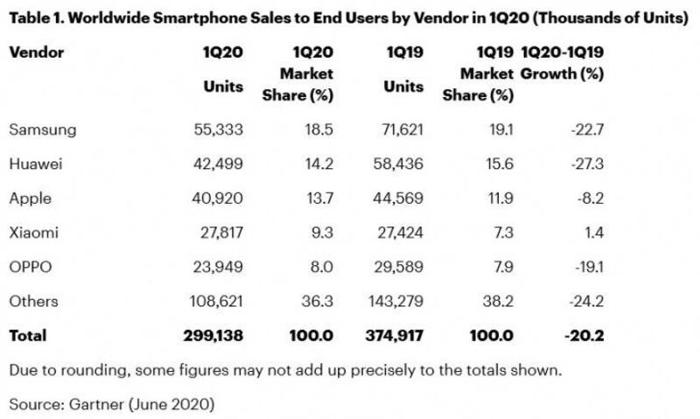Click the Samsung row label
click(42, 129)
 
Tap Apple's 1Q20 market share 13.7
click(318, 198)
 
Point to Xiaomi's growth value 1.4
click(591, 232)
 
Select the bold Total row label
click(27, 335)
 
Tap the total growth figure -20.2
click(584, 335)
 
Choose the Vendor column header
click(36, 52)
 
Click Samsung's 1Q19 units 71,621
click(400, 129)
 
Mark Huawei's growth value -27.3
click(584, 164)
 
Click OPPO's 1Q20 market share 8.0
click(320, 267)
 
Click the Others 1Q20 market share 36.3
click(317, 301)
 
